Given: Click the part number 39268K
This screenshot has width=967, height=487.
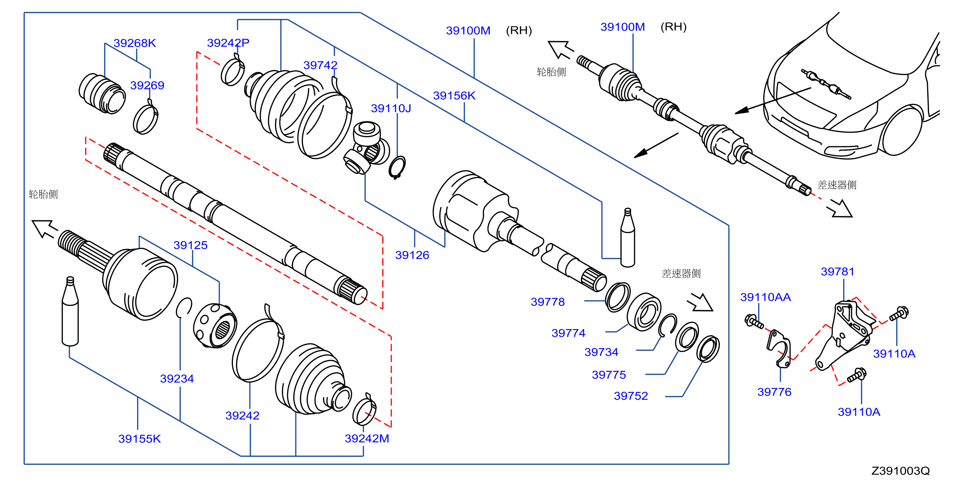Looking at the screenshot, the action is pyautogui.click(x=135, y=43).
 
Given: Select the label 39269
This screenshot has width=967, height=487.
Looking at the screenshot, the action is pyautogui.click(x=147, y=85).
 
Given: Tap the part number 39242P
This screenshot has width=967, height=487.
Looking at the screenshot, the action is pyautogui.click(x=228, y=43).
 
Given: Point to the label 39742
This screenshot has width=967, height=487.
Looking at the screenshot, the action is pyautogui.click(x=320, y=65).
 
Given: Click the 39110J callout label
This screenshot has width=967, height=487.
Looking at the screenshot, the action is pyautogui.click(x=391, y=109).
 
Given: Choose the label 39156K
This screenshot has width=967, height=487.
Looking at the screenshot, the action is pyautogui.click(x=454, y=96).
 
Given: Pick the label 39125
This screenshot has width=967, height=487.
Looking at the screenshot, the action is pyautogui.click(x=190, y=245).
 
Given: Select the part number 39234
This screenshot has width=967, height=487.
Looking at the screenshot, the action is pyautogui.click(x=177, y=379).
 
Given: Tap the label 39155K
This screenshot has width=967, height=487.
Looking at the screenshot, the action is pyautogui.click(x=140, y=439).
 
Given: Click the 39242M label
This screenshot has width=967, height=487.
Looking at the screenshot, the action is pyautogui.click(x=367, y=438).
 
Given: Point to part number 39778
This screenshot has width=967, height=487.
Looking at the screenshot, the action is pyautogui.click(x=548, y=302).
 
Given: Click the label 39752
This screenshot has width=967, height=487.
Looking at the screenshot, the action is pyautogui.click(x=631, y=396).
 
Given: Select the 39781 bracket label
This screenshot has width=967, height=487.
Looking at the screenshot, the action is pyautogui.click(x=838, y=272).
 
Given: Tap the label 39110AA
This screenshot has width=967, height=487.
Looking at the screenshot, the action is pyautogui.click(x=765, y=297).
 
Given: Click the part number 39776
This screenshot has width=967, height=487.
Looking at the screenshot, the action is pyautogui.click(x=775, y=392).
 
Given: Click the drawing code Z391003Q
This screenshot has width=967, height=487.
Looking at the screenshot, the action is pyautogui.click(x=900, y=471).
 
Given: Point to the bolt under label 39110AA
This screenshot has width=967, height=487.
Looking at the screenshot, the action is pyautogui.click(x=754, y=322).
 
